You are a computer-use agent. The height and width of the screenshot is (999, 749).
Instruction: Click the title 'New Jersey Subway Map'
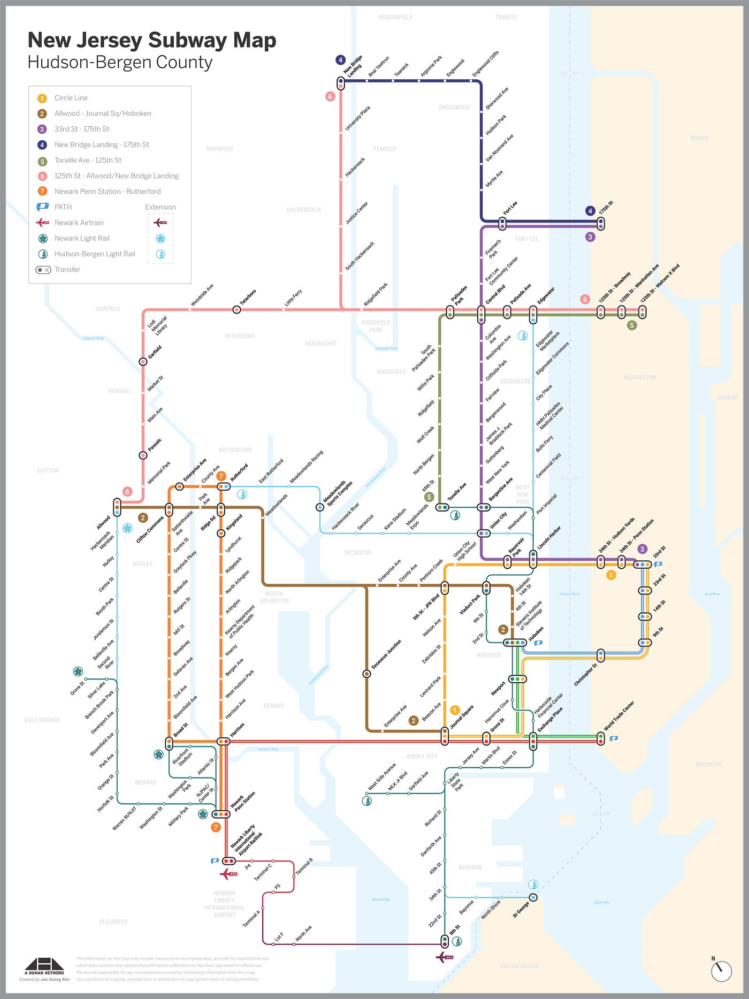(151, 40)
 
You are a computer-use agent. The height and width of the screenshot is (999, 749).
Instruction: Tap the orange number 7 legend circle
(42, 192)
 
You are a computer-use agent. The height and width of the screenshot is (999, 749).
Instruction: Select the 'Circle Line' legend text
(71, 98)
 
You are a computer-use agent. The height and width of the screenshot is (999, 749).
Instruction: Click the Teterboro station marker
(236, 310)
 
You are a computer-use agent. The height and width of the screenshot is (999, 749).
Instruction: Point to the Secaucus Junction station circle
(366, 674)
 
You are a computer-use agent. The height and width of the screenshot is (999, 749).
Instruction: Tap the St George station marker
(533, 897)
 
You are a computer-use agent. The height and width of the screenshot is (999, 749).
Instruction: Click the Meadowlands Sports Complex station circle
(320, 507)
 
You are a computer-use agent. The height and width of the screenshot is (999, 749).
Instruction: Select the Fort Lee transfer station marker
(502, 223)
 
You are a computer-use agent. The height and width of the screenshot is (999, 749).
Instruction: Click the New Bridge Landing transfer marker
(341, 83)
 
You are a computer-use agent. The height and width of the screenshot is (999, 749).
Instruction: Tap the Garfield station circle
(143, 362)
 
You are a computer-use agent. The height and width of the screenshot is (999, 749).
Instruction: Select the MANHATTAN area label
(639, 377)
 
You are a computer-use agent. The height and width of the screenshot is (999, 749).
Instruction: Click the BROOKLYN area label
(708, 764)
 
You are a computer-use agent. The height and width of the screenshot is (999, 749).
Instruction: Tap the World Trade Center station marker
(601, 739)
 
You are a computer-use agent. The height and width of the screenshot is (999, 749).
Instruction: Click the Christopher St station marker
(601, 655)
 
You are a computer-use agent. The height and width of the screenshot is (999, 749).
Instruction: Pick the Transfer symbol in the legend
(43, 270)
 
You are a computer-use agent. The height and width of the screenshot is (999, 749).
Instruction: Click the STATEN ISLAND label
(518, 966)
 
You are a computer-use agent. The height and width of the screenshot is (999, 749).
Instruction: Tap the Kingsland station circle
(221, 533)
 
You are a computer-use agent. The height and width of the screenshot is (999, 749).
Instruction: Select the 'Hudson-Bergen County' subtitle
(120, 63)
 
